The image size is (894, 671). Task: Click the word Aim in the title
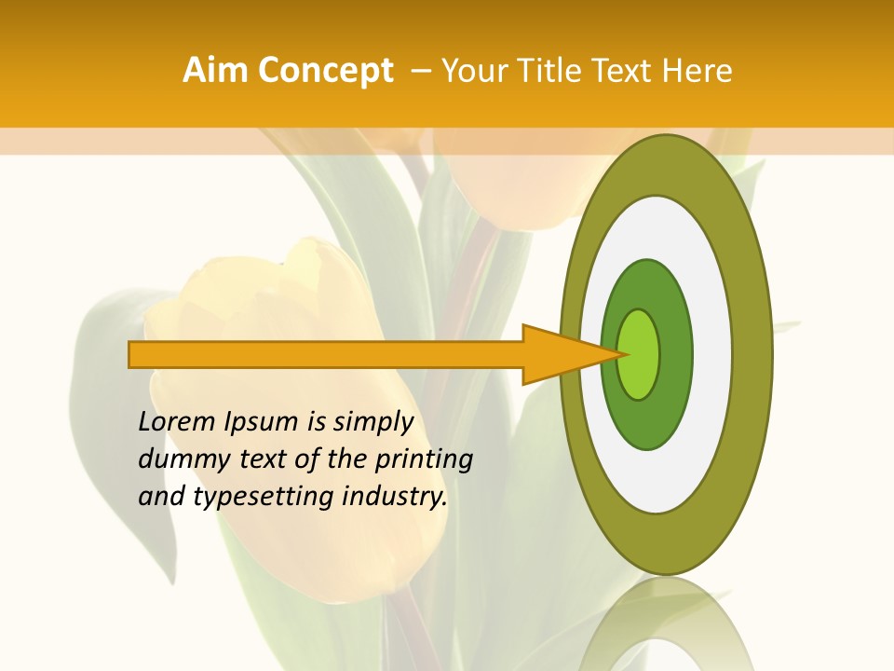tap(216, 71)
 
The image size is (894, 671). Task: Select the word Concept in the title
tap(324, 71)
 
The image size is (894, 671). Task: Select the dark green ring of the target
tap(675, 354)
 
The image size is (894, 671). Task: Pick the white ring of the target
tap(712, 354)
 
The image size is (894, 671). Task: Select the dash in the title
tap(421, 71)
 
